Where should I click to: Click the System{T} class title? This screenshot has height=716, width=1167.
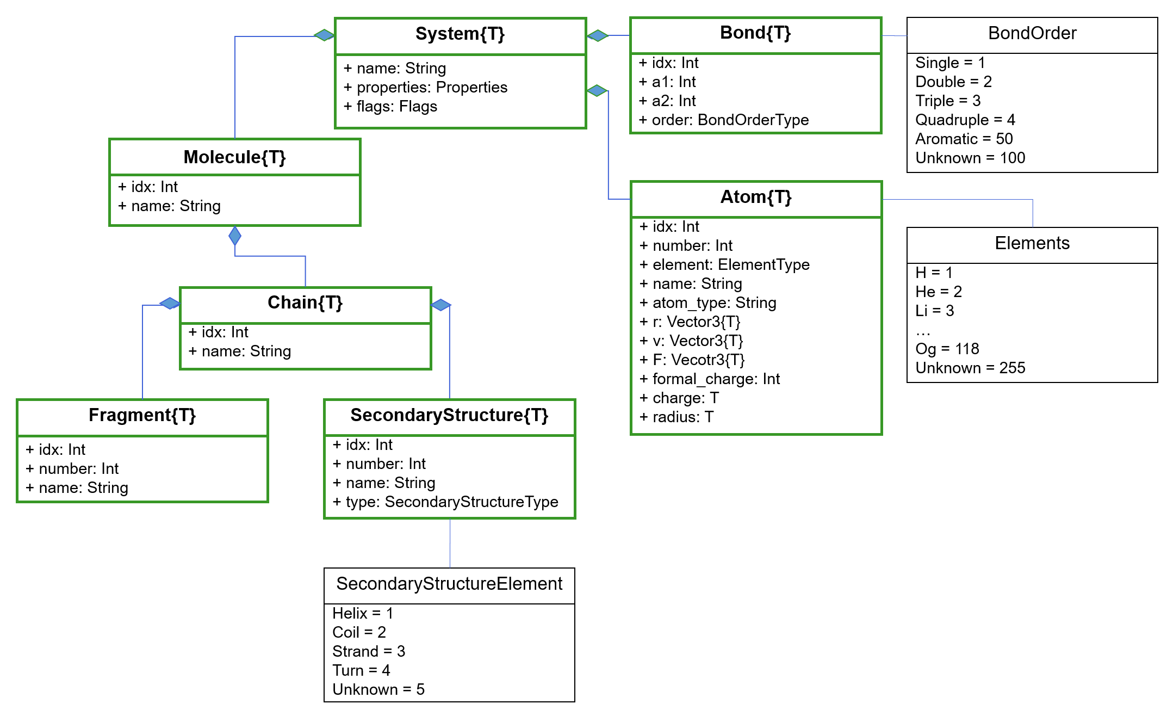tap(460, 34)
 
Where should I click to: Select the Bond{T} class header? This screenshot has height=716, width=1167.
tap(755, 33)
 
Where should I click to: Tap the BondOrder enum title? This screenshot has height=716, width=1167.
tap(1032, 34)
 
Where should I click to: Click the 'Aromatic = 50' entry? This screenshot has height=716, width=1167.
tap(964, 139)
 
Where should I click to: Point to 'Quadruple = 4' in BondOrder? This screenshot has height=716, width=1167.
tap(965, 120)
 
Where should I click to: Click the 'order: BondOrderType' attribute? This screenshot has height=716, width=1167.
tap(724, 120)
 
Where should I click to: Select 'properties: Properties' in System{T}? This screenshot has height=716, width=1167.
tap(425, 88)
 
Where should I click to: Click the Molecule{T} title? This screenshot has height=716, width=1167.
tap(234, 157)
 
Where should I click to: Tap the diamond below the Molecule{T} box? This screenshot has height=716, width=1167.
tap(235, 236)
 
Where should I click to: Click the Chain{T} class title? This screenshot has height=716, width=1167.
tap(305, 303)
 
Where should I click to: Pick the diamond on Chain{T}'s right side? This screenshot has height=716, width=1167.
tap(441, 305)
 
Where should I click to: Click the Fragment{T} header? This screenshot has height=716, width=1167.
tap(142, 415)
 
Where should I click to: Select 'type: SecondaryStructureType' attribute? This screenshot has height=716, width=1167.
tap(445, 502)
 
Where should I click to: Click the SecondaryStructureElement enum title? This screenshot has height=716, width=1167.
tap(449, 584)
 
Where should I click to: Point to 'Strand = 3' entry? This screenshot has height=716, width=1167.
tap(368, 652)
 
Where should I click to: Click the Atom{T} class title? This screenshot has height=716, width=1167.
tap(755, 197)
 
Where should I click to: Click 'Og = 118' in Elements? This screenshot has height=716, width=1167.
tap(947, 349)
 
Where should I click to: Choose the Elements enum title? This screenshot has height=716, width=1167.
tap(1032, 244)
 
